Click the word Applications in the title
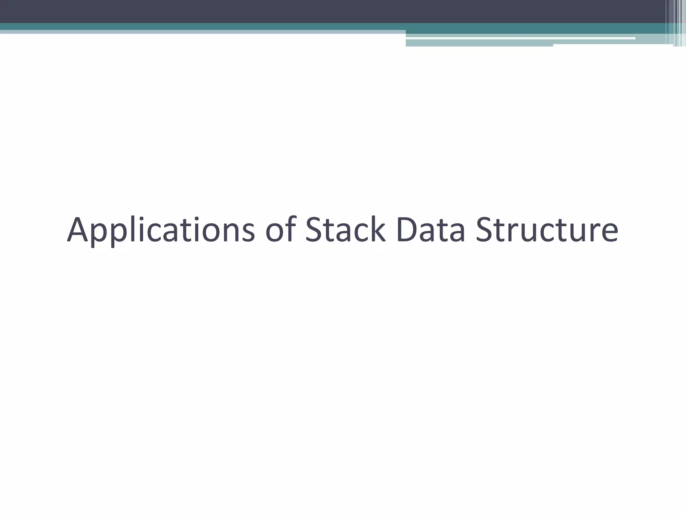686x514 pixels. [161, 230]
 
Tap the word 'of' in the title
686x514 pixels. [281, 230]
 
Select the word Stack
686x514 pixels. [345, 230]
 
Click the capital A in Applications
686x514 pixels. [78, 230]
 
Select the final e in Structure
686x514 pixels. [608, 233]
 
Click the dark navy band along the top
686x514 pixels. [301, 11]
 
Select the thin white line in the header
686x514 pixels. [519, 38]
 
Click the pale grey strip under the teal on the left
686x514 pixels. [201, 32]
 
